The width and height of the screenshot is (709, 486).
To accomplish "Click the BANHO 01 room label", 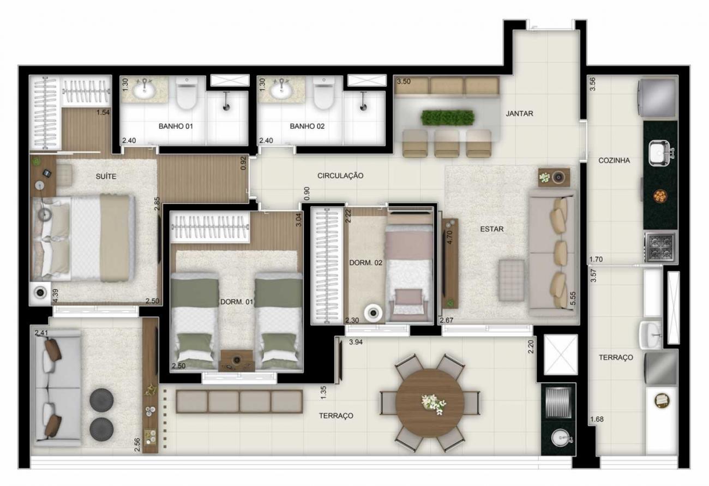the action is tap(176, 127).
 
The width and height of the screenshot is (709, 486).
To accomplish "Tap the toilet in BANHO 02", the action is tap(323, 93).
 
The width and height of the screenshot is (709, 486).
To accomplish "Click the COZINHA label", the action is tap(614, 160).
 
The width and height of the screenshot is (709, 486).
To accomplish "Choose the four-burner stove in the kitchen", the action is tap(660, 248).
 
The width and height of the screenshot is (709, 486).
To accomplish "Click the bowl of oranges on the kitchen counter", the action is tap(659, 196).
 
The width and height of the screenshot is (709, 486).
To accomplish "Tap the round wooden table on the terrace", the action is tap(430, 403).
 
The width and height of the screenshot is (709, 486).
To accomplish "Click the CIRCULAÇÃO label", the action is tap(340, 176).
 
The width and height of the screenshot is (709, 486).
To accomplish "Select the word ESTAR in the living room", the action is tap(491, 229).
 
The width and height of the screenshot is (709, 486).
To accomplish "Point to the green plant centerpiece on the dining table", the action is tap(448, 118).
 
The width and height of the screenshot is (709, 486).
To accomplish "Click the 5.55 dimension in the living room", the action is tap(572, 298).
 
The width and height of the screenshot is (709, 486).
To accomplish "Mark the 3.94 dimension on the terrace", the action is tap(356, 342).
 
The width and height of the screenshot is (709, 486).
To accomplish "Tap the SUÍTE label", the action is tap(106, 176).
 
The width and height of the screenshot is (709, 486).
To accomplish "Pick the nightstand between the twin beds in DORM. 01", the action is tap(237, 361).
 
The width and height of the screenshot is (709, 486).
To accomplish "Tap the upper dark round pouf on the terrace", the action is tap(101, 400).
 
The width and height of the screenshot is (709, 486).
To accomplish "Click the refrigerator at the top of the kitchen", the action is tap(657, 98).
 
